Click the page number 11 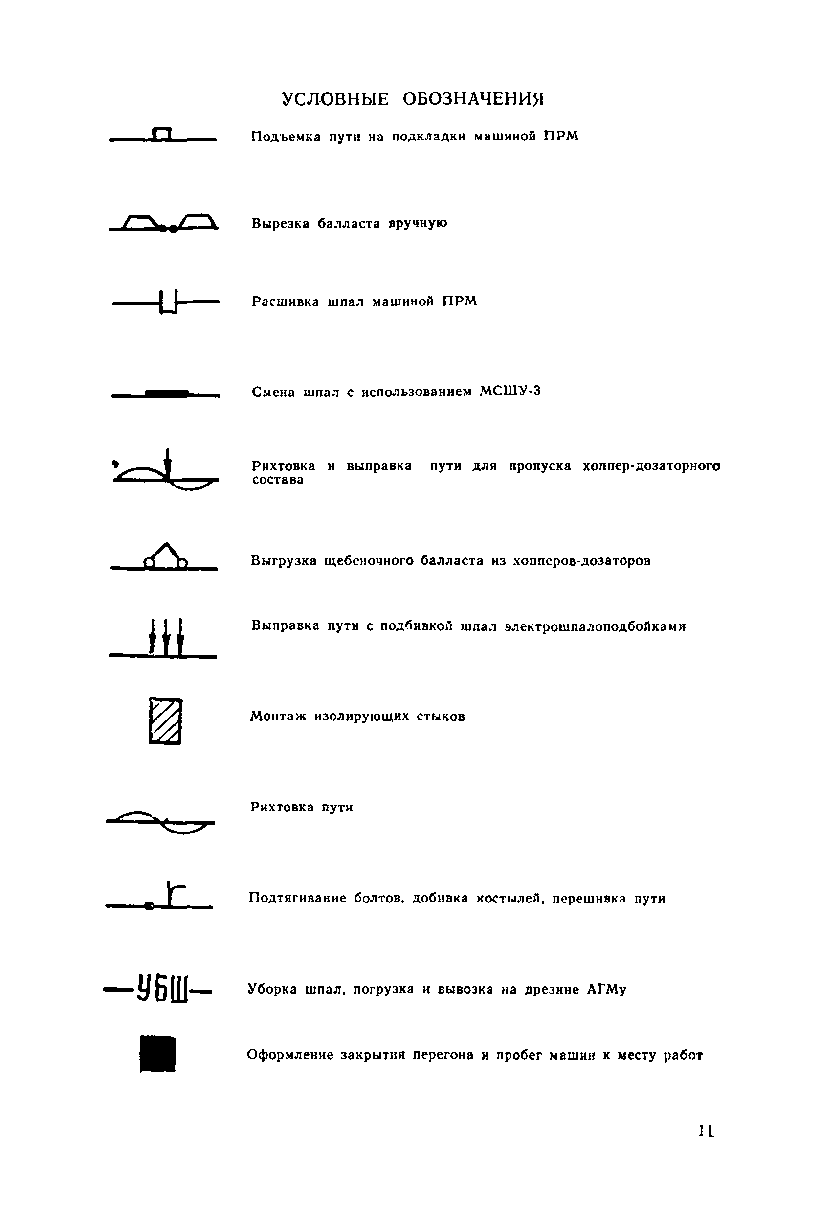point(706,1131)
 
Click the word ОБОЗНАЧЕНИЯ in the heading point(473,98)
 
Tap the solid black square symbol point(157,1053)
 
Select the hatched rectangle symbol point(165,721)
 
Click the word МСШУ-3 point(510,392)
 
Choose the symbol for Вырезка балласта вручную point(164,224)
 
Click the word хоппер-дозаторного point(651,466)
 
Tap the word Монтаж point(278,716)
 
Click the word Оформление point(290,1054)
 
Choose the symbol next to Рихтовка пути point(161,822)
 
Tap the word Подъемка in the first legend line point(286,137)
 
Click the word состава point(278,480)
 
